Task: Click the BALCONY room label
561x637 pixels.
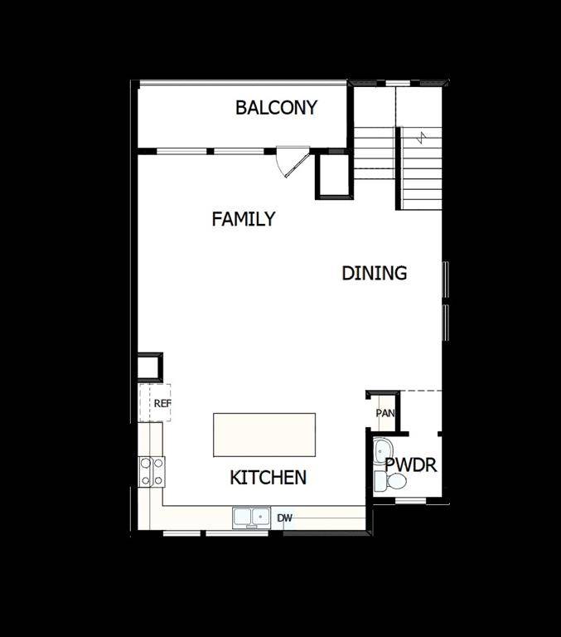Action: [276, 108]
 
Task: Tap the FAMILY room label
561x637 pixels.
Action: [243, 219]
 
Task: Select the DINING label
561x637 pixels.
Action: [375, 273]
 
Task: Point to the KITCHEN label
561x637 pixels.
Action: [268, 478]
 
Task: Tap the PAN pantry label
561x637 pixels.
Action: [384, 413]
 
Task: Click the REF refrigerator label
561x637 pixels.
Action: [162, 403]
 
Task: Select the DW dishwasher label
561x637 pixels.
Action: [284, 518]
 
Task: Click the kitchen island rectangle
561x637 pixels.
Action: [264, 435]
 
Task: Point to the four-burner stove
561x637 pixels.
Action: [152, 471]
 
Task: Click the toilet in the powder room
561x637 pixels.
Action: [392, 481]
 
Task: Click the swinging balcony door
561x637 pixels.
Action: [293, 161]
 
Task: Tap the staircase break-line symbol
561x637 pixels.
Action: [423, 136]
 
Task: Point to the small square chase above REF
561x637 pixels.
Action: [150, 366]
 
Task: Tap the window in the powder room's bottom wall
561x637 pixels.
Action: [409, 501]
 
